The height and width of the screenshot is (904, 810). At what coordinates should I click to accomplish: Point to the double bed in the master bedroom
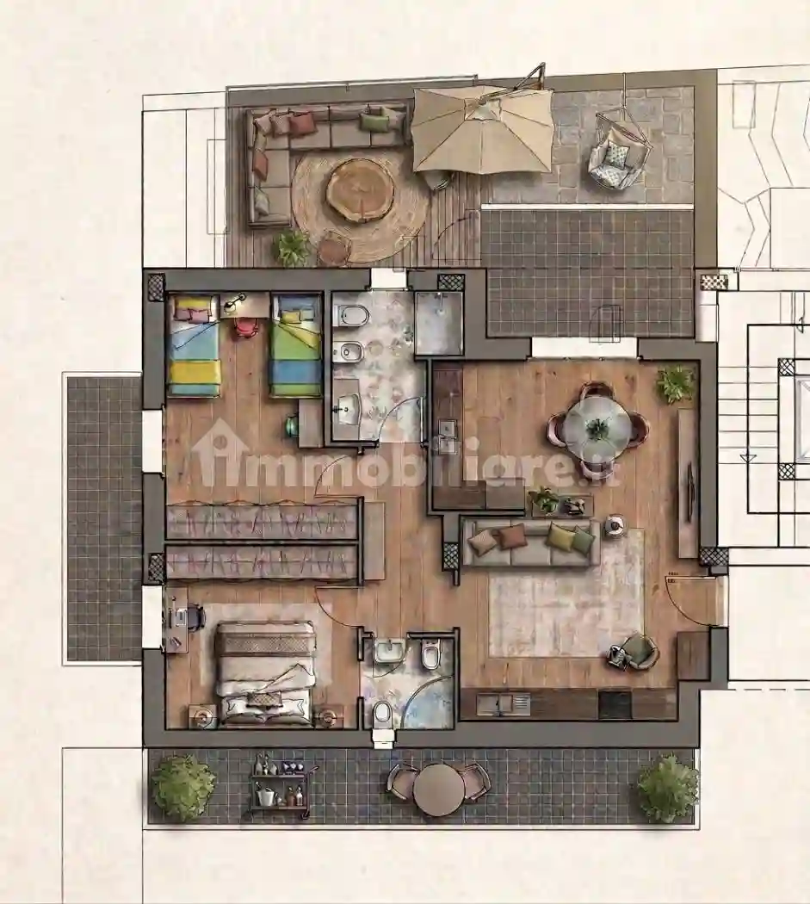coord(265,672)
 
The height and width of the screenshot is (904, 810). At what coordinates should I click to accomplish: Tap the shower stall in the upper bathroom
coord(439,324)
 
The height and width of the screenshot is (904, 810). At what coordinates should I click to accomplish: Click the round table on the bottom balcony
coord(438,789)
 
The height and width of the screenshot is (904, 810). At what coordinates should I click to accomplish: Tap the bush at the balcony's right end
coord(667,788)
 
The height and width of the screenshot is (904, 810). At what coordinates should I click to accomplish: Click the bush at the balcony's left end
coord(182,788)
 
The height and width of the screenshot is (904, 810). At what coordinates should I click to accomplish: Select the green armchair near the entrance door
coord(636,652)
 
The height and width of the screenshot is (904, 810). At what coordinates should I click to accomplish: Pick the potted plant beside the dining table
coord(675,383)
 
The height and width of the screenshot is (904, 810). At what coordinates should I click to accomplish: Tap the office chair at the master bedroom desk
coord(195,616)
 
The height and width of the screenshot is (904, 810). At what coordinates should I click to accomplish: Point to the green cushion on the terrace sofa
coord(374,121)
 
